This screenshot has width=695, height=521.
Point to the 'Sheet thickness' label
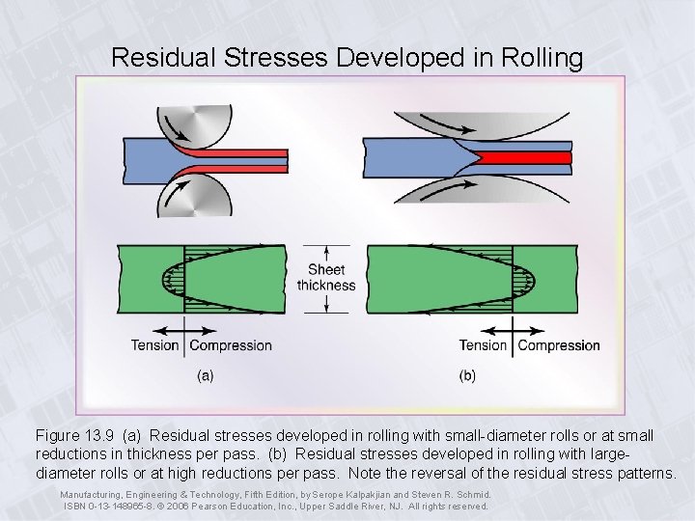326,277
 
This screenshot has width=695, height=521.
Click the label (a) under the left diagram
206,375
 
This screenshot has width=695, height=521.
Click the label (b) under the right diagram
468,375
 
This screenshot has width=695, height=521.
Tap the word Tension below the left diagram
155,345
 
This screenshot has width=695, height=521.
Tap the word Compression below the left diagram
231,345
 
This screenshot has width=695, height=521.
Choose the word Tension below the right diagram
483,345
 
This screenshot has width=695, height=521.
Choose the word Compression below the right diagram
559,345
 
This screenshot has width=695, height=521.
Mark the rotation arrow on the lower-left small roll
176,196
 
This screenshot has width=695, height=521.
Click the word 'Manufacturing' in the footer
91,494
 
